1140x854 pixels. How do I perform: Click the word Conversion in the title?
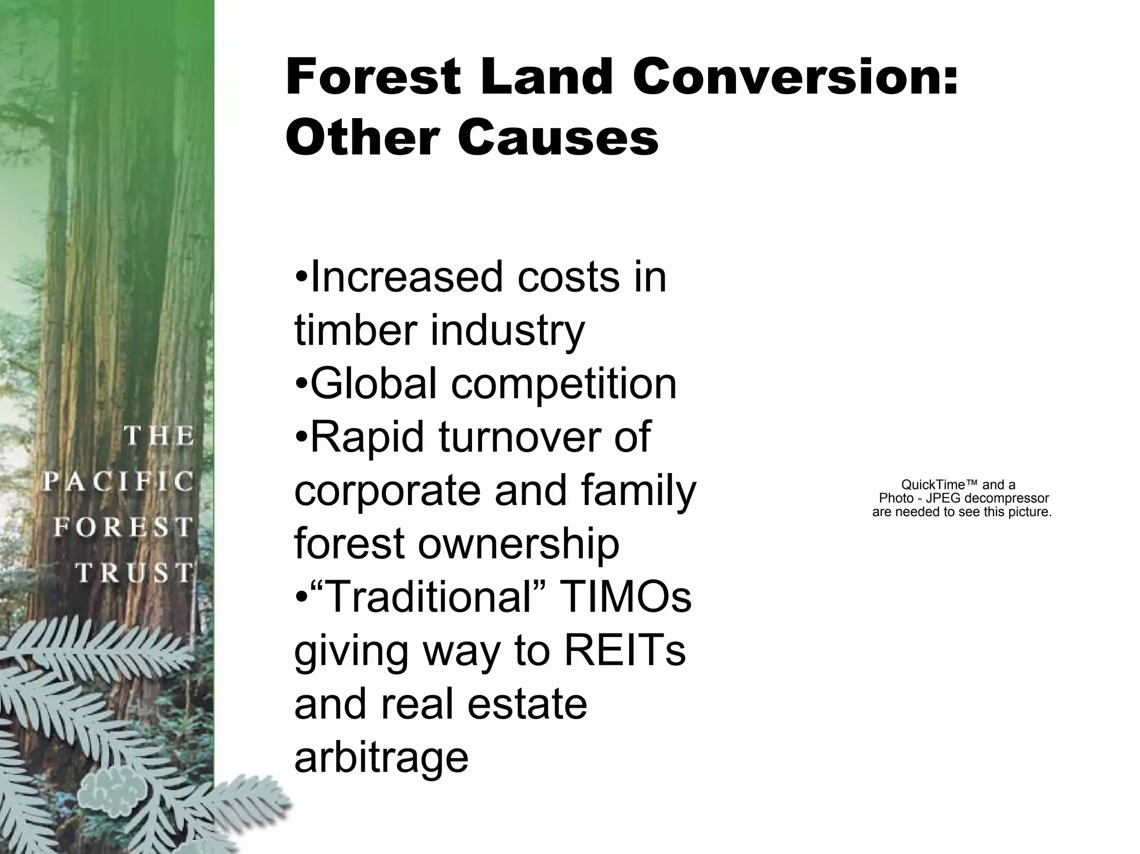796,78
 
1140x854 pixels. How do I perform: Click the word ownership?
518,544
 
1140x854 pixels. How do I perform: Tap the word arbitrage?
381,758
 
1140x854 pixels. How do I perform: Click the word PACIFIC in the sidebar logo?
119,482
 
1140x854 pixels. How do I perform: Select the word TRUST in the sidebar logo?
135,573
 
